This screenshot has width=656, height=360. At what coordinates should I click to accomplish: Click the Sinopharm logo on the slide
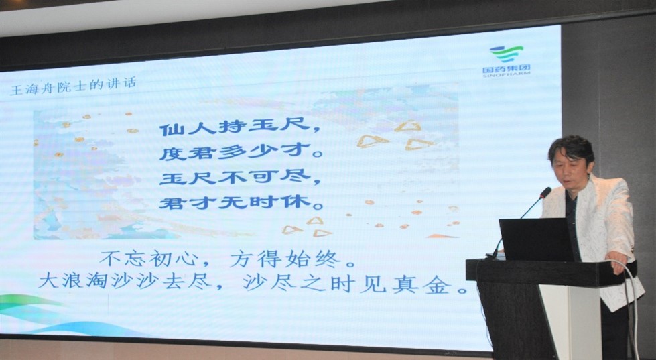506,60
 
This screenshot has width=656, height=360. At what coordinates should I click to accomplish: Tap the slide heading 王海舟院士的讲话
73,86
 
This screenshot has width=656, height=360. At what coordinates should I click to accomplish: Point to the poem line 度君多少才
241,152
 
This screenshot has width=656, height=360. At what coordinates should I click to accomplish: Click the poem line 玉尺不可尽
240,178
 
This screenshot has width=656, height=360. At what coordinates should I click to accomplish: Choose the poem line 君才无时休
241,203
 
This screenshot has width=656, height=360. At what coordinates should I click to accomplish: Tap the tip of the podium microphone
545,192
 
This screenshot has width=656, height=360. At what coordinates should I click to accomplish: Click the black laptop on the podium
537,240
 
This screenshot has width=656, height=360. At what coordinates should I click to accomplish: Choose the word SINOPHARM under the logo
506,74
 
